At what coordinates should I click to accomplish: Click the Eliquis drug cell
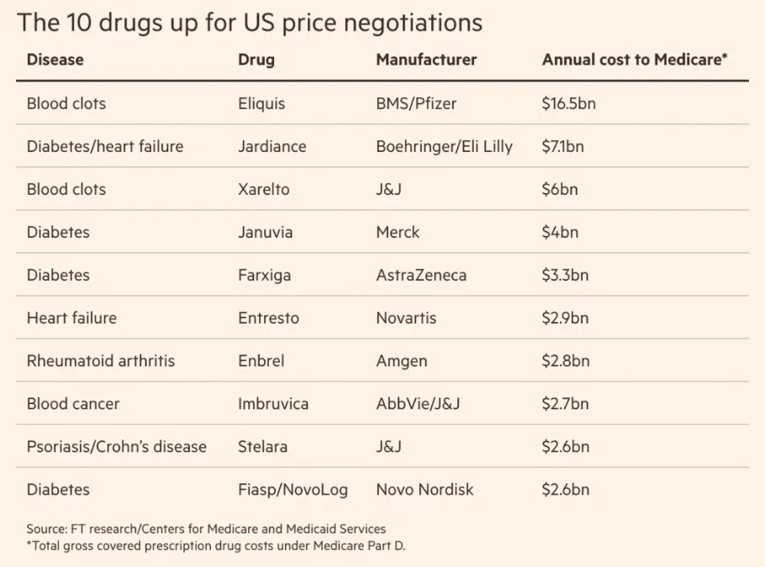click(261, 104)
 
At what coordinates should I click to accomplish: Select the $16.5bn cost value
click(568, 104)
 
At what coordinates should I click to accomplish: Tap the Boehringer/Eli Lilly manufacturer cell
click(444, 147)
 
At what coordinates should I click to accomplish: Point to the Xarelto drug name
click(263, 190)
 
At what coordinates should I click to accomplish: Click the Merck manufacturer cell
click(398, 233)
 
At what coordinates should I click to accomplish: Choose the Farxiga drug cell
click(264, 276)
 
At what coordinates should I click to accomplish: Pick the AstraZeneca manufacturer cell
click(421, 276)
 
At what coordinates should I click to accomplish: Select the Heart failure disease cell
click(71, 318)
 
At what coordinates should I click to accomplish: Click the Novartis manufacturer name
click(406, 318)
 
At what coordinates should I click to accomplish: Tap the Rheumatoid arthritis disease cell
click(101, 361)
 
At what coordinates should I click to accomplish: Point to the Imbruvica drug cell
click(273, 404)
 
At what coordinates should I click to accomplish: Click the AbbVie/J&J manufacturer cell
click(418, 404)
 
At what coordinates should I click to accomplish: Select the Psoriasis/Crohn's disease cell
click(116, 447)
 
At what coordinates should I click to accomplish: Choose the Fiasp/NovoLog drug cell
click(293, 490)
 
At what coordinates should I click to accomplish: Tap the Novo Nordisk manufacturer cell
click(425, 490)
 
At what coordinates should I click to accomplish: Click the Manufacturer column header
click(426, 60)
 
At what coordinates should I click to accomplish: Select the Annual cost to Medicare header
click(635, 60)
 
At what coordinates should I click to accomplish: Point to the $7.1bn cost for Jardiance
click(562, 147)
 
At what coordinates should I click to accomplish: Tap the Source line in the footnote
click(206, 529)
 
